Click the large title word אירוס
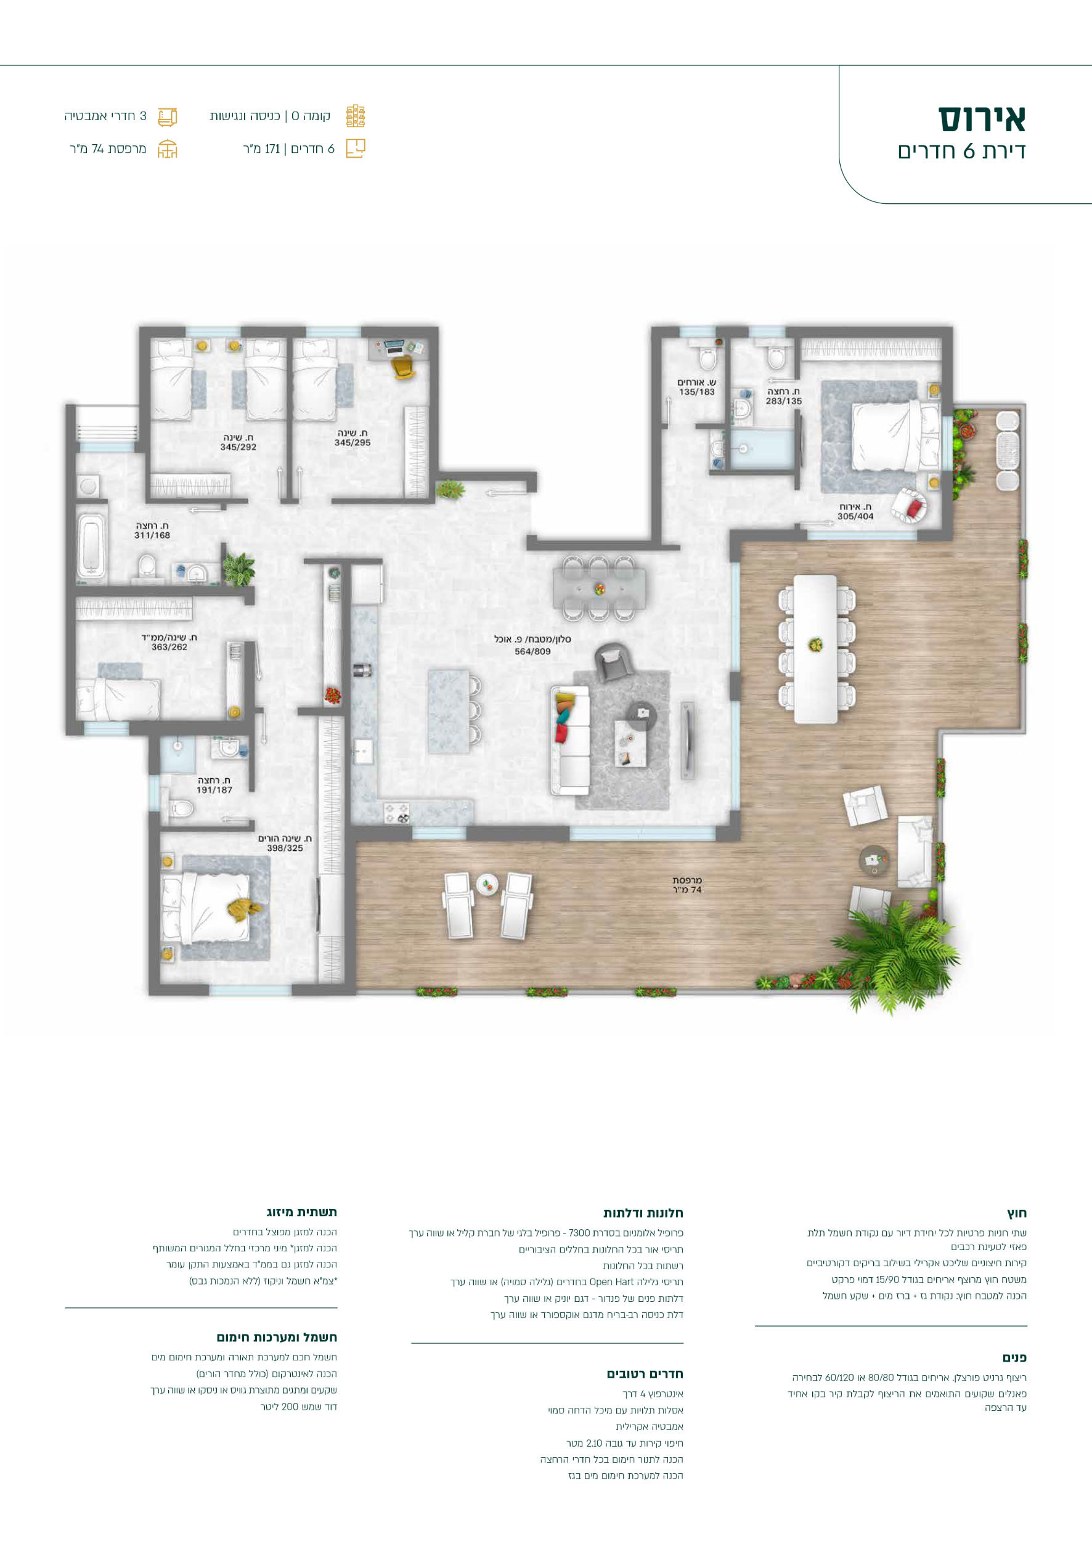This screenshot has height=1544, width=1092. (982, 119)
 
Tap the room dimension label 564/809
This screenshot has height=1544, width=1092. (532, 651)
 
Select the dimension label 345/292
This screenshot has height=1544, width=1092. (238, 447)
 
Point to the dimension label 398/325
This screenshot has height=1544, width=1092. (285, 848)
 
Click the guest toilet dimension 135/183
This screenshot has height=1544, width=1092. (696, 391)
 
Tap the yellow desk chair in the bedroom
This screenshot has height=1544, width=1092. (402, 367)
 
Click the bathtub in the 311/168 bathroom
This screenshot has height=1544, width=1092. (92, 546)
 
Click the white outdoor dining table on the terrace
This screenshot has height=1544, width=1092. (816, 649)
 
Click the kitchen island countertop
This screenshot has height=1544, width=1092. (449, 710)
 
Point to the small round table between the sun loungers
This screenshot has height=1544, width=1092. (487, 884)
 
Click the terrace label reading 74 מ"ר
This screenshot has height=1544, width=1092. (687, 890)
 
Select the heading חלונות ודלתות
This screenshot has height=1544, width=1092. (643, 1213)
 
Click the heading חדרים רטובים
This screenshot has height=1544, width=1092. (645, 1374)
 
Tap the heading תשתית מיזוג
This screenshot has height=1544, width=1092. (301, 1212)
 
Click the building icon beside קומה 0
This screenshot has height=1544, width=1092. (356, 116)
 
